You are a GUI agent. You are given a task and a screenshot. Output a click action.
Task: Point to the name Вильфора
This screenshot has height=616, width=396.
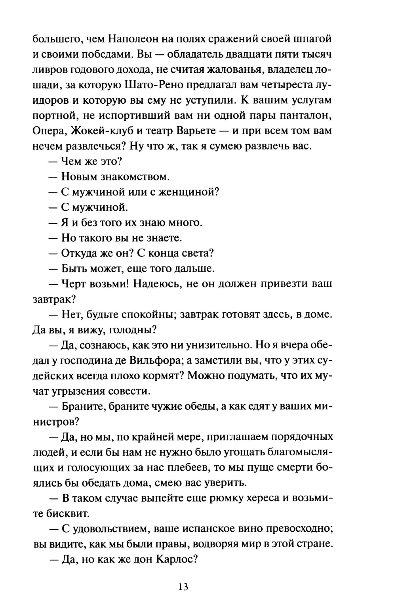tap(152, 361)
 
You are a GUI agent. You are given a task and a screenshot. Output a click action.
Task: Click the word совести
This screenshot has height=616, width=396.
tap(131, 392)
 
